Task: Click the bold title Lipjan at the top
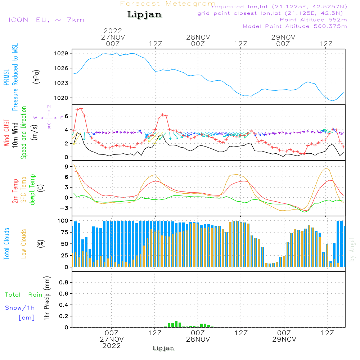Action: coord(144,15)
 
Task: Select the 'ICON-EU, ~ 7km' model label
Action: coord(46,20)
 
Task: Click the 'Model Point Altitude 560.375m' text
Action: coord(294,26)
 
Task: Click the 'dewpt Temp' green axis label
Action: coord(33,189)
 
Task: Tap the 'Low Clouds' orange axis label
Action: coord(24,243)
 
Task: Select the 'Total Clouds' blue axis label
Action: coord(6,244)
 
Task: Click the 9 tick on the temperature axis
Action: coord(66,167)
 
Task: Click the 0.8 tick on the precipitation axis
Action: coord(63,283)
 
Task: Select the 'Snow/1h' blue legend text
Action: coord(20,308)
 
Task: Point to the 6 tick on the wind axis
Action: coord(66,116)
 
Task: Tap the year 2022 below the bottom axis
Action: coord(112,346)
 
